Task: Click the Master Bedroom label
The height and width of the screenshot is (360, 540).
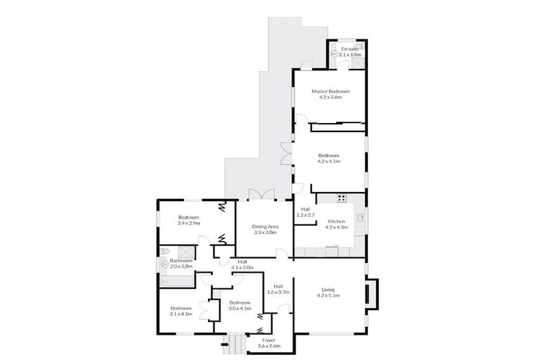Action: click(330, 91)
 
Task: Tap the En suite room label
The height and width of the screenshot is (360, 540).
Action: click(349, 48)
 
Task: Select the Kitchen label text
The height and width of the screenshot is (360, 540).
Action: click(336, 221)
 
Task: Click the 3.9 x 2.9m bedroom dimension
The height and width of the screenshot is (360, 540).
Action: click(188, 223)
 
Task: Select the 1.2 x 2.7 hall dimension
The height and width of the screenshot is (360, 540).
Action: click(307, 214)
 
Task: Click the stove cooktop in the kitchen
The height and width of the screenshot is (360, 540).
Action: click(342, 198)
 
